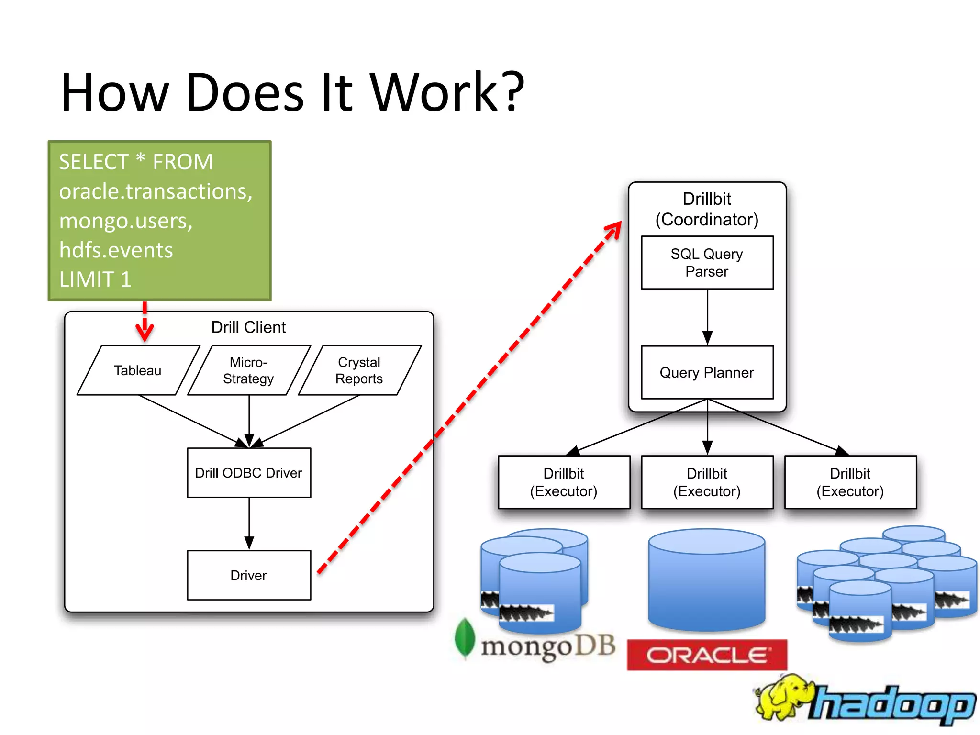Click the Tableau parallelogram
click(x=138, y=370)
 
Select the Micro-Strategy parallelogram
click(x=248, y=370)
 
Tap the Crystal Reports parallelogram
click(x=359, y=370)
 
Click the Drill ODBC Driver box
click(x=249, y=473)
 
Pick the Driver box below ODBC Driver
click(x=249, y=575)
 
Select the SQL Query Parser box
click(x=707, y=263)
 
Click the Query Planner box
click(x=707, y=372)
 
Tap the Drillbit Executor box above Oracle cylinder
click(x=707, y=482)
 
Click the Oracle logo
click(x=707, y=655)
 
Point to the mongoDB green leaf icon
click(x=464, y=638)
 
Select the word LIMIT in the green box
click(x=86, y=279)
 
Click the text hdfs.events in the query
click(x=116, y=250)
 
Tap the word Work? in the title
click(x=447, y=92)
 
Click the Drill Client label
click(x=248, y=327)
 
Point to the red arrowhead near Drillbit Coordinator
click(x=614, y=230)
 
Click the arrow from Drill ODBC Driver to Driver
click(x=249, y=523)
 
